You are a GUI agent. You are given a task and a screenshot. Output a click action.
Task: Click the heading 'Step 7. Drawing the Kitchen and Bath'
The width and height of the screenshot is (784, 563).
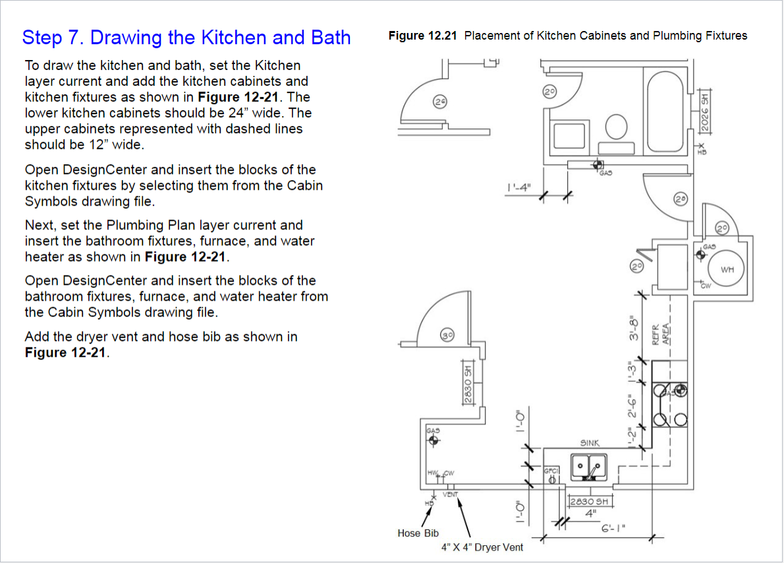(x=186, y=37)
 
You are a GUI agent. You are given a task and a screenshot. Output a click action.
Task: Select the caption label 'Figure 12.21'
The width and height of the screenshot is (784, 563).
(x=422, y=36)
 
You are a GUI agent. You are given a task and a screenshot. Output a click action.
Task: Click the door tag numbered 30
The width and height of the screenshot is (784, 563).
(x=448, y=336)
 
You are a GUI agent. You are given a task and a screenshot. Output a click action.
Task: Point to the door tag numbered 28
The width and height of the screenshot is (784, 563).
(x=680, y=198)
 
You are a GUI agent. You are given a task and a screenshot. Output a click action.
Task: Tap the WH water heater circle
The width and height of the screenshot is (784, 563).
(x=727, y=269)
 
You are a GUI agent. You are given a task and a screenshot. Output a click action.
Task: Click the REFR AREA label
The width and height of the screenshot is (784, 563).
(x=661, y=334)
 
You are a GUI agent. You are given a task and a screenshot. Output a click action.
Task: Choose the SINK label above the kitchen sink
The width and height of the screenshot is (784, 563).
(x=590, y=444)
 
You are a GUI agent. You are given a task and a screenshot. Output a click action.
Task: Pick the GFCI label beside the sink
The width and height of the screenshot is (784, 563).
(x=551, y=471)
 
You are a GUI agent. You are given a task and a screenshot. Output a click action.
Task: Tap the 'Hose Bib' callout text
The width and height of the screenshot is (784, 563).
(x=418, y=533)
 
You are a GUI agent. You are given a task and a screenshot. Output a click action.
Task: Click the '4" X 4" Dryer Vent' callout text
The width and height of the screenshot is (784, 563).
(x=482, y=547)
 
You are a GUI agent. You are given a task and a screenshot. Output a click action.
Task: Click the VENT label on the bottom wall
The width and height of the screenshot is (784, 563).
(x=451, y=494)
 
